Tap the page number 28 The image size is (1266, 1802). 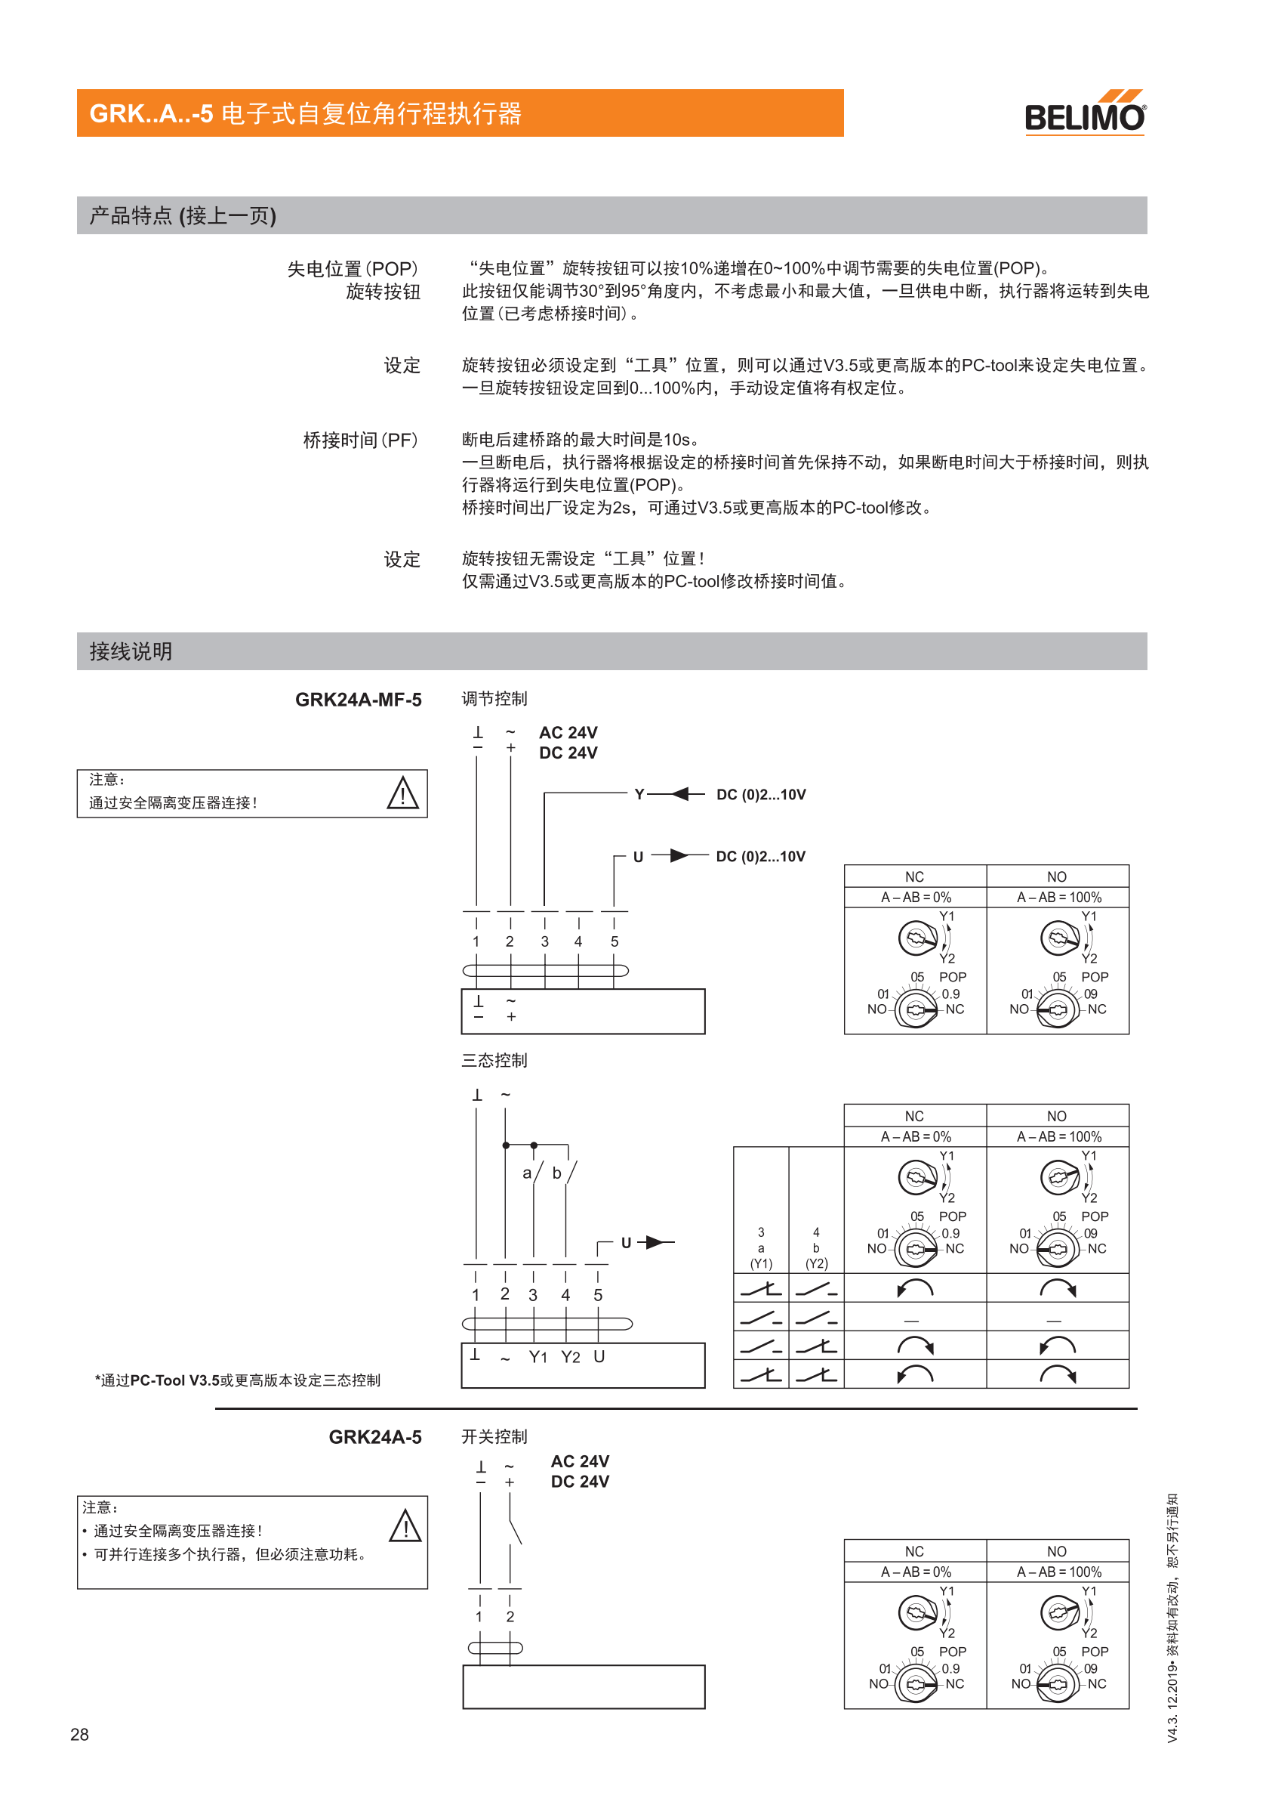(79, 1734)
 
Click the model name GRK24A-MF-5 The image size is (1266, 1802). (358, 700)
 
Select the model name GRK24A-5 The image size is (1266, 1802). (375, 1436)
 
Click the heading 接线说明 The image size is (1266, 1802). (130, 651)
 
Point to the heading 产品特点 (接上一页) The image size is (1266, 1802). (183, 215)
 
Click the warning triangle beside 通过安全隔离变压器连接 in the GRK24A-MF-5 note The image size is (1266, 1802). (402, 793)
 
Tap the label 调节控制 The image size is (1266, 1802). (494, 698)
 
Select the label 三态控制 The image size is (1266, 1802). (494, 1060)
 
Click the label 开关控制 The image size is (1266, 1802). (494, 1436)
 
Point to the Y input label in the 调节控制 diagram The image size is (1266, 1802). (639, 794)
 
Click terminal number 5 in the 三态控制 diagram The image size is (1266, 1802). (598, 1295)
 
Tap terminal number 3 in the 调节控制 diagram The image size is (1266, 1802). (544, 941)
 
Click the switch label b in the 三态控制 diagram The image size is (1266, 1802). (557, 1173)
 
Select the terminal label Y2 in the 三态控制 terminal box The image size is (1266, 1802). (570, 1357)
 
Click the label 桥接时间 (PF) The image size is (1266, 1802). (360, 440)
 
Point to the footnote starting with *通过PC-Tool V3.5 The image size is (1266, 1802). (237, 1380)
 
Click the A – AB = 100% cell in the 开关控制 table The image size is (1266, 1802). (1058, 1572)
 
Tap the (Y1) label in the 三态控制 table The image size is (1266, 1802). (761, 1263)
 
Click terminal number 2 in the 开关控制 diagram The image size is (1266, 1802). (510, 1617)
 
